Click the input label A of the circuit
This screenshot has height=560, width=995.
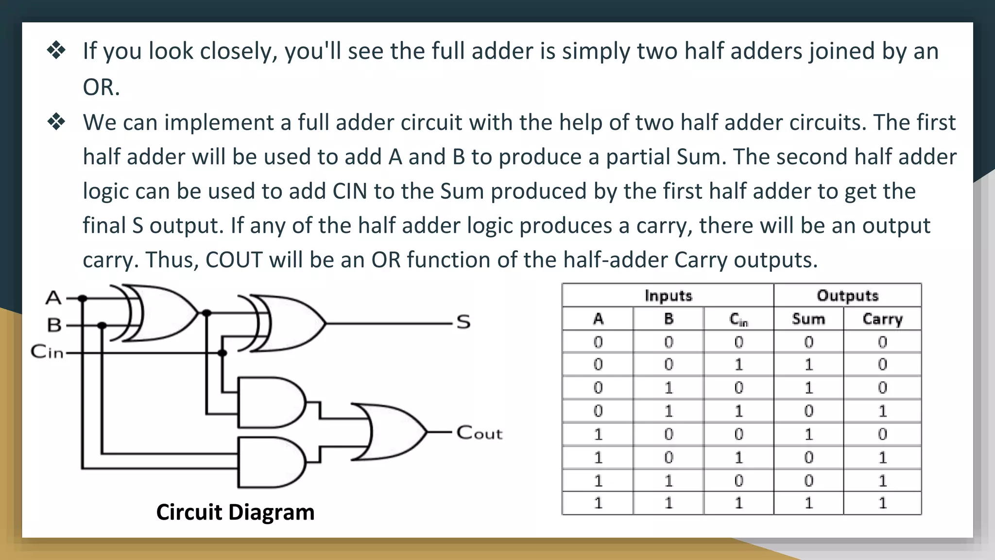point(53,297)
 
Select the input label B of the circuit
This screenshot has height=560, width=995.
point(54,325)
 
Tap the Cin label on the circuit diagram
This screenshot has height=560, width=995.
point(47,351)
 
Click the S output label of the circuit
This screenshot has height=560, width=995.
point(463,322)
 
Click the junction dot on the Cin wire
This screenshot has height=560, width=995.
point(222,353)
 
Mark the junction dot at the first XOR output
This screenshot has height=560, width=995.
point(206,313)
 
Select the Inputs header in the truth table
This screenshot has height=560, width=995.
point(668,296)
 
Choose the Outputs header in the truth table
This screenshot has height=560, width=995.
point(848,296)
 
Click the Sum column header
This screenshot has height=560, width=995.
point(808,319)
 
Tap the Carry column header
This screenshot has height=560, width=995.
point(882,319)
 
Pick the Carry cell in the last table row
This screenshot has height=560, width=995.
point(882,503)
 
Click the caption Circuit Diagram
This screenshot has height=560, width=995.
point(235,512)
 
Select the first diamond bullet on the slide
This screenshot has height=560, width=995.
point(56,51)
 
